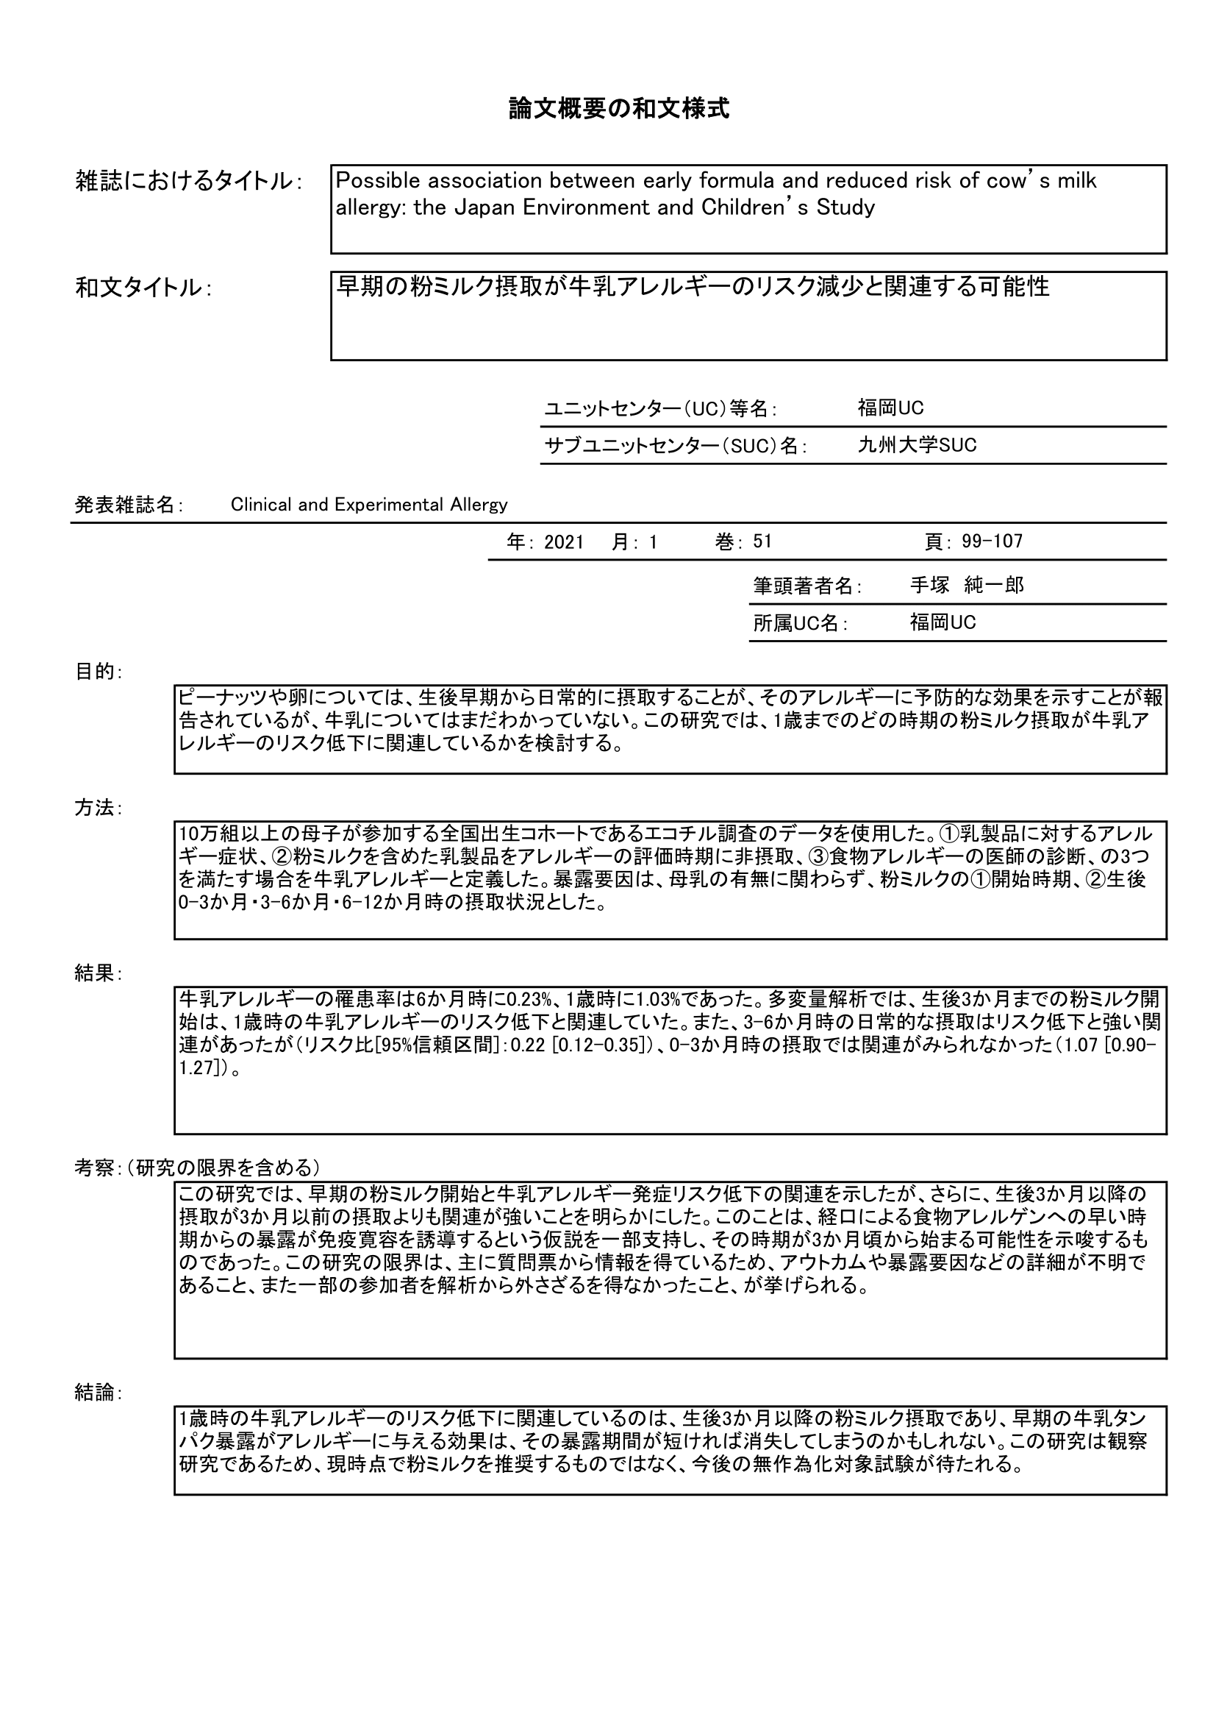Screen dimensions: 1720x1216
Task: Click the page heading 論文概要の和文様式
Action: pos(618,110)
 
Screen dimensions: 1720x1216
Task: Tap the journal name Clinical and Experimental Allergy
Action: pos(368,505)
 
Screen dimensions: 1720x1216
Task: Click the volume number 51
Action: pos(762,541)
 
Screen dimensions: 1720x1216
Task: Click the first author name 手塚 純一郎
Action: pos(966,586)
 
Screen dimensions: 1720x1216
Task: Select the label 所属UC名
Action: pos(800,623)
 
